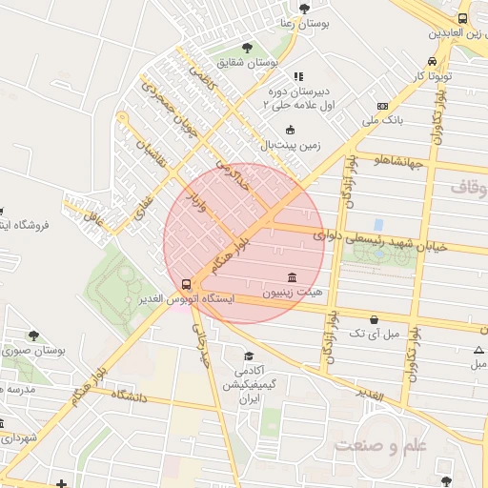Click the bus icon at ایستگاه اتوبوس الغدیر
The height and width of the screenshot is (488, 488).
click(x=187, y=283)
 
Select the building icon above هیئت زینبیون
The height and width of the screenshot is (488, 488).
click(x=292, y=274)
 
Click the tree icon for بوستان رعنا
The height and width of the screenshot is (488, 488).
click(x=304, y=9)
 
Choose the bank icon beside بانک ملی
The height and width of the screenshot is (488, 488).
click(x=382, y=107)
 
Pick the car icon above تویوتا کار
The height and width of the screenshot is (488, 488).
click(x=433, y=59)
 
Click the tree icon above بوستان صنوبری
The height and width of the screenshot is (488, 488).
click(x=34, y=335)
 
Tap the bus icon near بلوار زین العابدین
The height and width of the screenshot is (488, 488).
click(x=462, y=18)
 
